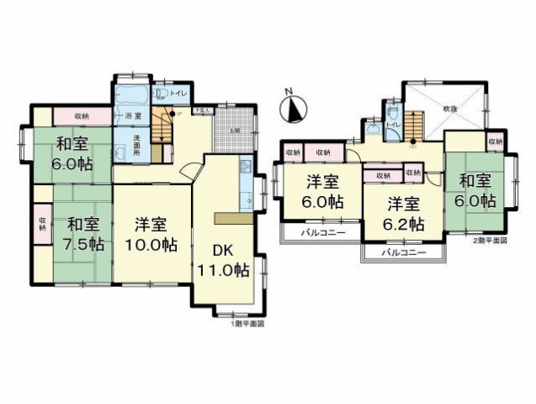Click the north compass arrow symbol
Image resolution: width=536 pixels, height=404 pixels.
[293, 107]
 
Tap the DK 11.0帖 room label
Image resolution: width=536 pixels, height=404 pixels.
[222, 261]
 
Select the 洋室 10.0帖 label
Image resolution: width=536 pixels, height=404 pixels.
[152, 236]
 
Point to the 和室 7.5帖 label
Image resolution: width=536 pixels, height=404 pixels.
[84, 235]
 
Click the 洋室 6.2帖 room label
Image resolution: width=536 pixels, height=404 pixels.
[405, 214]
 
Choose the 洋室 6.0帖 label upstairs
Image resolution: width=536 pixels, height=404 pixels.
[322, 191]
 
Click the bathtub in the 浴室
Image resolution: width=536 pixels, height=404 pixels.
[131, 94]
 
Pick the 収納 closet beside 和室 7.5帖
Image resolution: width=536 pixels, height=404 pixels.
[42, 223]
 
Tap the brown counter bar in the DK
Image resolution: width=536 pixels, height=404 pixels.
[233, 218]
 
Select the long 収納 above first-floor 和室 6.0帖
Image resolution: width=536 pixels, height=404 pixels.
[82, 115]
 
